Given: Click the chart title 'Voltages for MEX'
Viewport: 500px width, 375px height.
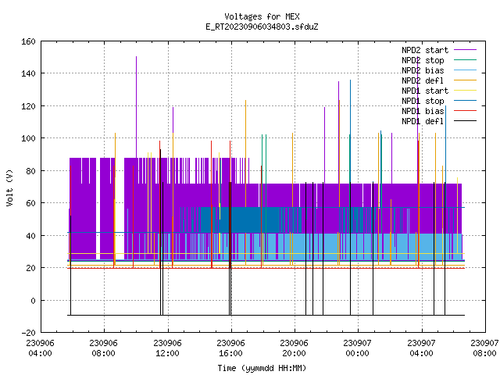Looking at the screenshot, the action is click(x=262, y=16).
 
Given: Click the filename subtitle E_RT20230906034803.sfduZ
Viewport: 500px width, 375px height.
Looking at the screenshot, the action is click(x=262, y=27).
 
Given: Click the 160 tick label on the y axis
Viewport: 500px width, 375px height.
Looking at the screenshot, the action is click(x=28, y=41).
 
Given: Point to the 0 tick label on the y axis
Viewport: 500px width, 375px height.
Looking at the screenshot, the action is click(x=33, y=300).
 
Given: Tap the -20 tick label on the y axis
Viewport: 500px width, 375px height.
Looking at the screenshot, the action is click(x=28, y=333).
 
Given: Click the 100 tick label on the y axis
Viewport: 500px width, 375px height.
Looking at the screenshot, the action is click(x=28, y=138).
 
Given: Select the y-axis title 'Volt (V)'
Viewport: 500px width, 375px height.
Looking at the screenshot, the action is click(x=10, y=188).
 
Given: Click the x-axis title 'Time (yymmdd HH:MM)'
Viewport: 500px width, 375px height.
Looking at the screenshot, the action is click(x=262, y=368).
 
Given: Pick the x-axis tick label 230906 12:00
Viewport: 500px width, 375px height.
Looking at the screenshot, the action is click(x=167, y=348).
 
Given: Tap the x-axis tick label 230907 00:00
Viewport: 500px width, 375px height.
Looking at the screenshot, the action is click(x=357, y=348).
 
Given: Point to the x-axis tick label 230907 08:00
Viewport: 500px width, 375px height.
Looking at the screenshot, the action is click(x=484, y=348).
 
